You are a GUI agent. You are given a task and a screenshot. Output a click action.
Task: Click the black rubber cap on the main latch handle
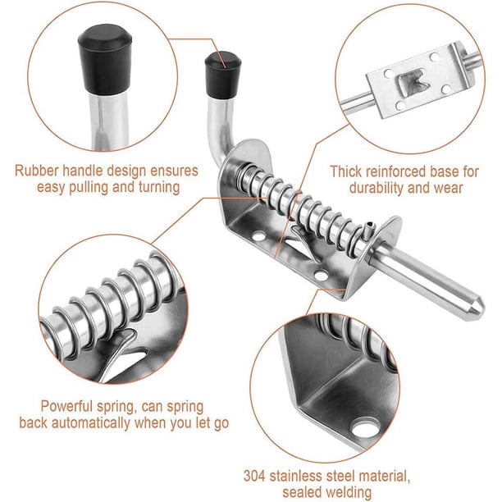tap(223, 75)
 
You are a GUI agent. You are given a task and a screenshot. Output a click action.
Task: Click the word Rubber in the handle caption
tap(37, 171)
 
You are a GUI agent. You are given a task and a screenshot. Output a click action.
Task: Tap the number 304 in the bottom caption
tap(254, 476)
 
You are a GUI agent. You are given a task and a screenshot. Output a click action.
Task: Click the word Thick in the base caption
tap(346, 171)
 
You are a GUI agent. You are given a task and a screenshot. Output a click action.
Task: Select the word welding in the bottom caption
tap(349, 493)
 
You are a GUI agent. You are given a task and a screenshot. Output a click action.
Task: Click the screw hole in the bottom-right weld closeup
tap(365, 427)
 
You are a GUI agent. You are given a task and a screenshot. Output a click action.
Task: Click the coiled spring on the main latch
tap(301, 206)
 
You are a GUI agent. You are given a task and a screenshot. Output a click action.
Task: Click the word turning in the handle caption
tap(159, 187)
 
